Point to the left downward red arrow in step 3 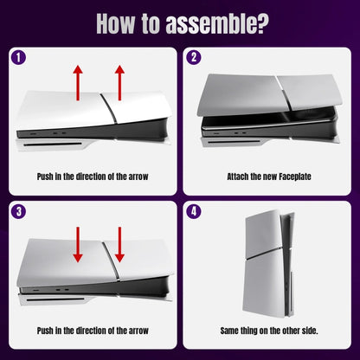point(77,245)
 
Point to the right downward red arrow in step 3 point(119,245)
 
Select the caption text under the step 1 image point(92,177)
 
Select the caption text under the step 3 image point(92,331)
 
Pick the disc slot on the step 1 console point(69,157)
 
